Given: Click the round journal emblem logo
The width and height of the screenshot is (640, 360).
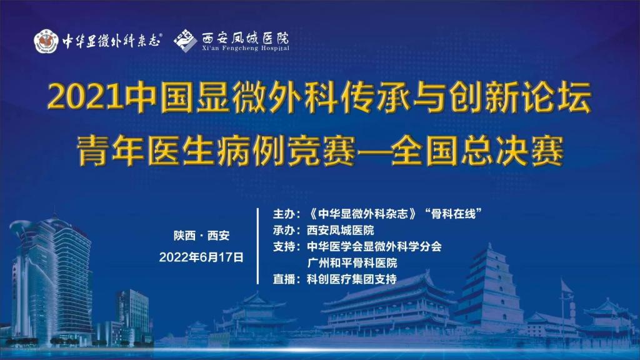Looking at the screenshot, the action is click(x=46, y=41).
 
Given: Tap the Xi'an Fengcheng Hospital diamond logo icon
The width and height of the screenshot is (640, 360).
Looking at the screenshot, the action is click(x=186, y=41).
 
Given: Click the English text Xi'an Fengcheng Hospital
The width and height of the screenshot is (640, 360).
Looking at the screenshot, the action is click(x=245, y=48).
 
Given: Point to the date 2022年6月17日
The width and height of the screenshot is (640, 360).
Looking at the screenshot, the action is click(x=201, y=257).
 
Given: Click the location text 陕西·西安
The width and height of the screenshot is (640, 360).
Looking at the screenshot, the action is click(x=202, y=236).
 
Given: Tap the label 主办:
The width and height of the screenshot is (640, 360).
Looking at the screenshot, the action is click(x=286, y=214).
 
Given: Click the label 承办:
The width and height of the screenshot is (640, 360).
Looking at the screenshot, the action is click(x=286, y=230).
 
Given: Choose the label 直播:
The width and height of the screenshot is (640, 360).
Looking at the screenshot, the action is click(x=286, y=279).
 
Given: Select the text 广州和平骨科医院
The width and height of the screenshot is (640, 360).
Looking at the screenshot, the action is click(x=352, y=263).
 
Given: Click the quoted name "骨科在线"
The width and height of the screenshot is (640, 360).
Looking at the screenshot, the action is click(x=453, y=214).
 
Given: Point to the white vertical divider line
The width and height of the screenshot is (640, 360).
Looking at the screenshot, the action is click(x=258, y=246).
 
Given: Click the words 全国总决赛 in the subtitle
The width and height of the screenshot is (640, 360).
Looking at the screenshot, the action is click(x=477, y=151).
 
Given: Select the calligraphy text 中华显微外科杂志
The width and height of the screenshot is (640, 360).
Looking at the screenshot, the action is click(x=111, y=41).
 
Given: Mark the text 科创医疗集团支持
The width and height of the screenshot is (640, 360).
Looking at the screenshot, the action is click(x=352, y=279).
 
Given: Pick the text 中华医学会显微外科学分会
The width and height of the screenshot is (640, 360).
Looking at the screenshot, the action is click(x=374, y=246).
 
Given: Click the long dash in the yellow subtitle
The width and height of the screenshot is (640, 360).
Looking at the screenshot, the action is click(x=373, y=152).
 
